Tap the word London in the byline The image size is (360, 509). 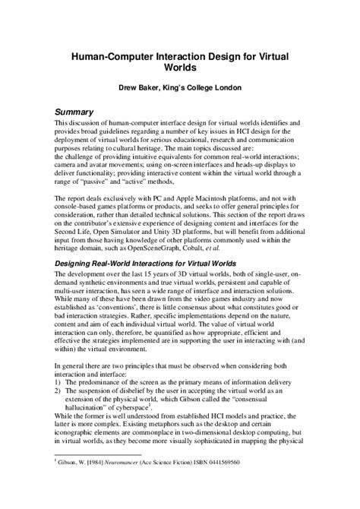pyautogui.click(x=226, y=87)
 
